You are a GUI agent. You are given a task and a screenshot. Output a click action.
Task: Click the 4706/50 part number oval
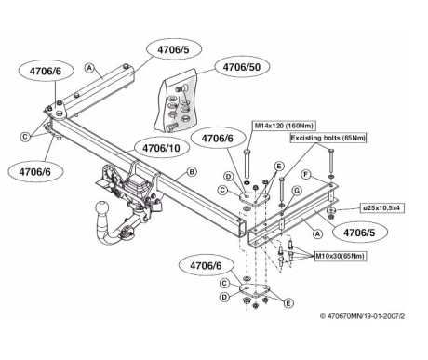click(x=242, y=67)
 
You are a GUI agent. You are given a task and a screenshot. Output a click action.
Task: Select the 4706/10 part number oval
click(x=161, y=148)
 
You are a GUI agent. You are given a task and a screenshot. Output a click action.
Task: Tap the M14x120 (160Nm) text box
click(x=284, y=126)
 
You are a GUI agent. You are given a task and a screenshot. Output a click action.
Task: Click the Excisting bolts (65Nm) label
click(x=328, y=138)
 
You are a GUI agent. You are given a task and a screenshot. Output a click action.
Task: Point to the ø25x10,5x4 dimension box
click(x=383, y=208)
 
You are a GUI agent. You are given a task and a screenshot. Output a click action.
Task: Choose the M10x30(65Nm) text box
click(x=341, y=256)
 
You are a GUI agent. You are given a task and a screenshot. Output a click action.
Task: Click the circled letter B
click(x=192, y=172)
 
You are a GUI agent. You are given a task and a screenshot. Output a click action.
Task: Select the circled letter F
click(x=306, y=175)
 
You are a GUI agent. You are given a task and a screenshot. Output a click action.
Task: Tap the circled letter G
click(x=297, y=191)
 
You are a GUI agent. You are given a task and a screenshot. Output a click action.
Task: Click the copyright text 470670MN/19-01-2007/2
click(x=363, y=316)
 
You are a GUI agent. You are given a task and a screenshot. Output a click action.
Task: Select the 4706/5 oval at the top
click(x=173, y=49)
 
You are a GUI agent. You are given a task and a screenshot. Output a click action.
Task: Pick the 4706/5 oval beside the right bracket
click(x=359, y=233)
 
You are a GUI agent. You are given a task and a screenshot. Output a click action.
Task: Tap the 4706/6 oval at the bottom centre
click(x=207, y=266)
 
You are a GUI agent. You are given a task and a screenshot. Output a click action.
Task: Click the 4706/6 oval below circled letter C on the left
click(x=35, y=171)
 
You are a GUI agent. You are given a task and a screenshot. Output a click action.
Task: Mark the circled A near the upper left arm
click(x=89, y=68)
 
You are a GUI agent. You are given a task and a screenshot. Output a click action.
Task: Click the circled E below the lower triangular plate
click(x=288, y=303)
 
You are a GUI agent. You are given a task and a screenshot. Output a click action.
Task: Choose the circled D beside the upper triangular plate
click(x=229, y=177)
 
